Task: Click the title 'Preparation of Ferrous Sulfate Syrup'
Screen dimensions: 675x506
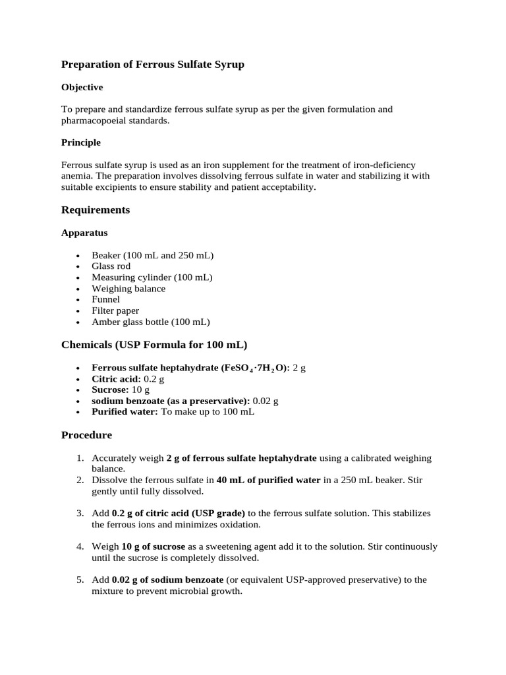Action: coord(152,65)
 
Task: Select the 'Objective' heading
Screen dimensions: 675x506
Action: coord(82,87)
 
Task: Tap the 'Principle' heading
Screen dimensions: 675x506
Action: coord(80,142)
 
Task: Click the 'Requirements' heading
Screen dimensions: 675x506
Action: coord(96,210)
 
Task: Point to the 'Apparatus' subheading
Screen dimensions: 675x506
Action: coord(84,233)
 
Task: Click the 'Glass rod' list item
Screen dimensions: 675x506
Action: coord(111,266)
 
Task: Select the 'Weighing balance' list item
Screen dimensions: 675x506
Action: coord(128,289)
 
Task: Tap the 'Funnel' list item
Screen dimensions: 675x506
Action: coord(106,299)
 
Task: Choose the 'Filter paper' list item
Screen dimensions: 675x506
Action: coord(115,310)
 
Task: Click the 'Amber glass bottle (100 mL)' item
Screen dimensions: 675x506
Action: coord(151,322)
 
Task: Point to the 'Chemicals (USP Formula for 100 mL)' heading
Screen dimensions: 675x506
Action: coord(154,345)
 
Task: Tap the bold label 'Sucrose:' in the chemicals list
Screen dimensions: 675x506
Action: coord(109,390)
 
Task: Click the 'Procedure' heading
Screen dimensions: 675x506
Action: coord(86,435)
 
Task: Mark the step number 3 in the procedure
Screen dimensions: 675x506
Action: coord(80,513)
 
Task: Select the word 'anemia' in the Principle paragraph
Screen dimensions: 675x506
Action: coord(76,176)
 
